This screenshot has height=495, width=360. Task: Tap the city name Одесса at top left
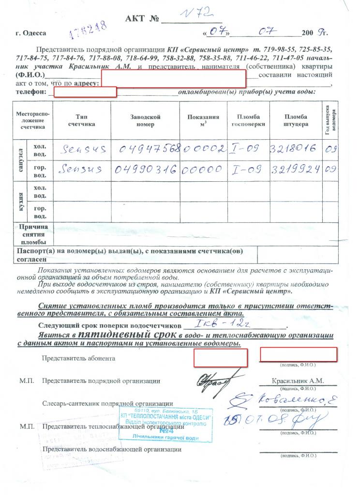[x=31, y=33]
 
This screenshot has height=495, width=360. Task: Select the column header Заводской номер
[x=145, y=121]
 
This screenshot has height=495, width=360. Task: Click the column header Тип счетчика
[x=85, y=121]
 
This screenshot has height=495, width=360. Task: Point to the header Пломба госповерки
[x=249, y=121]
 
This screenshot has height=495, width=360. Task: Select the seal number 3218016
[x=294, y=149]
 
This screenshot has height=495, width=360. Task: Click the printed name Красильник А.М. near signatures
[x=297, y=381]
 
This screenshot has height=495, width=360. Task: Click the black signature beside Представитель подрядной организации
[x=218, y=379]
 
